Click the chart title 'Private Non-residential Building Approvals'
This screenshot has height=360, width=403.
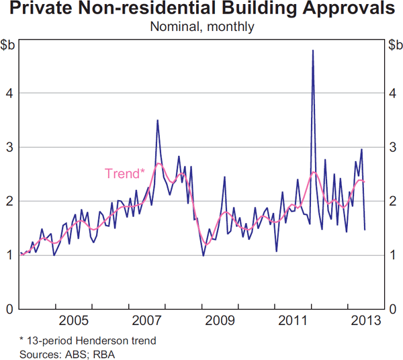pyautogui.click(x=201, y=10)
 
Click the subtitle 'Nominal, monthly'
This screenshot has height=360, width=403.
pyautogui.click(x=201, y=27)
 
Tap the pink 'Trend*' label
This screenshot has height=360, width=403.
pyautogui.click(x=125, y=173)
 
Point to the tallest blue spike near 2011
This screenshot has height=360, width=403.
pyautogui.click(x=313, y=51)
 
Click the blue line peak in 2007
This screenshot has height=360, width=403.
pyautogui.click(x=157, y=121)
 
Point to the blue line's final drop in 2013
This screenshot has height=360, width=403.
pyautogui.click(x=364, y=229)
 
